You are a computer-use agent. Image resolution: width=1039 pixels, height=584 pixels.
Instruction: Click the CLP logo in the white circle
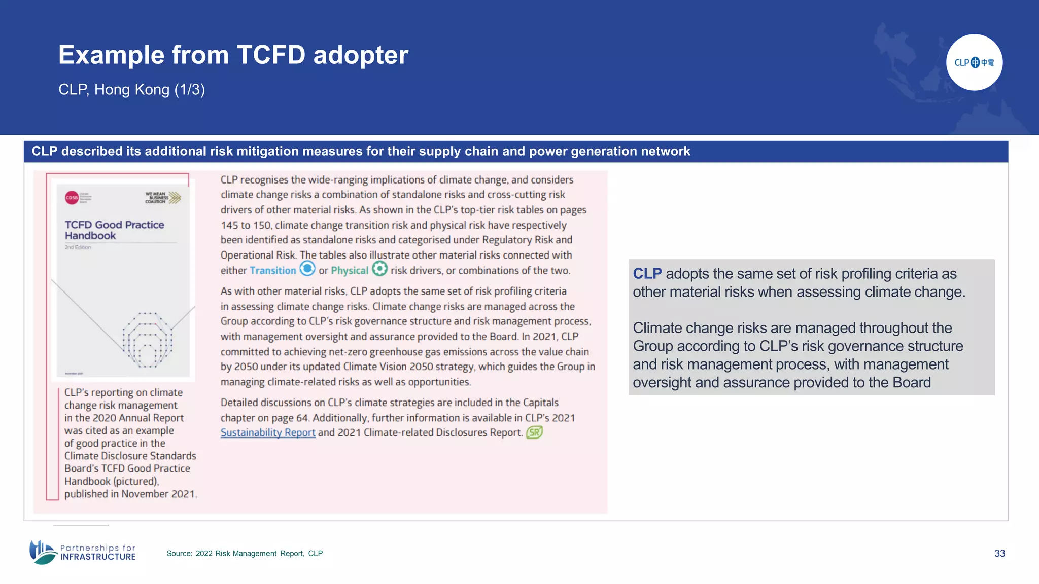point(974,62)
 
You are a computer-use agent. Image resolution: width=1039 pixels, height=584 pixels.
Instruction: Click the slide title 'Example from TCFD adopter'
point(233,55)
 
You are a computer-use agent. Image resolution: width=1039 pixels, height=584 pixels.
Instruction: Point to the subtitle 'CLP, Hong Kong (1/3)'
point(131,90)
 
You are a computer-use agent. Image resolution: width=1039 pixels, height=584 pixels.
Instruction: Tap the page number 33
point(999,553)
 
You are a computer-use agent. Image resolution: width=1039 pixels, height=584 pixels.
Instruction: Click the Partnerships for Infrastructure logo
point(83,552)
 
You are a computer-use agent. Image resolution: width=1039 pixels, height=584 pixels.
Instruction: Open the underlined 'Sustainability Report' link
point(268,432)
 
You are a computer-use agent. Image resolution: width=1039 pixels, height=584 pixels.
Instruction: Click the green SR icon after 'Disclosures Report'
point(534,432)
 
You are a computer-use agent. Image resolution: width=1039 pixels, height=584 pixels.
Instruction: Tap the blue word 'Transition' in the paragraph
point(272,270)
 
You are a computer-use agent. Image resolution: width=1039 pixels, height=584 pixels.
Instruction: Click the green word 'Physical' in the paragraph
point(350,270)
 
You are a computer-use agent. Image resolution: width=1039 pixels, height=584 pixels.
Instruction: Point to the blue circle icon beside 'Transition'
point(307,268)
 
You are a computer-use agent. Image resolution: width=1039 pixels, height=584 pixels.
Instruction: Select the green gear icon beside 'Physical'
point(379,268)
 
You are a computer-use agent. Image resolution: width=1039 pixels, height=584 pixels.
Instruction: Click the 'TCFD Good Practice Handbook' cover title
point(114,230)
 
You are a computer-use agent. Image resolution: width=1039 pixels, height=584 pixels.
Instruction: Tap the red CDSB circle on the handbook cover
point(72,198)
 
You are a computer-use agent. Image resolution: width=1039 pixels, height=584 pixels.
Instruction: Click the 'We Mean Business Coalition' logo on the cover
point(163,197)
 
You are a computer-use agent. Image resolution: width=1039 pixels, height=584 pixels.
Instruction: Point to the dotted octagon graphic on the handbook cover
point(147,340)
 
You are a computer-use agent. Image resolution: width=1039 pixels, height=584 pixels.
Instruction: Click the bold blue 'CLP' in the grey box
point(647,274)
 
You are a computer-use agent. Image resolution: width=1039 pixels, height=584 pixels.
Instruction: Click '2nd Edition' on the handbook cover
point(78,247)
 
